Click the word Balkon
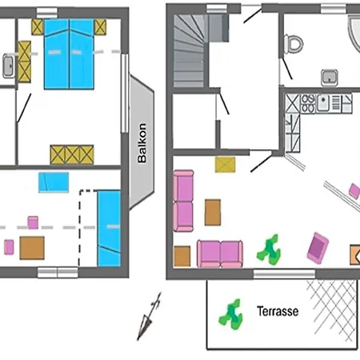[142, 143]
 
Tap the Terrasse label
[278, 311]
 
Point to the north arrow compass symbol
[149, 316]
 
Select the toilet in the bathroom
[294, 44]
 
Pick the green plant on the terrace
[231, 314]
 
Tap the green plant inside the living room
[269, 250]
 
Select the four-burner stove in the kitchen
[308, 103]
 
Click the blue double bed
[69, 54]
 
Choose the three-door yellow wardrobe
[72, 154]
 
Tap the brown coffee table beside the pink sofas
[213, 212]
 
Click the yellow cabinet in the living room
[226, 165]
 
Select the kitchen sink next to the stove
[323, 103]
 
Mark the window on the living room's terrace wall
[284, 274]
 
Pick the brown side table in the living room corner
[182, 256]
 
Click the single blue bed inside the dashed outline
[109, 228]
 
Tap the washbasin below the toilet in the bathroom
[330, 78]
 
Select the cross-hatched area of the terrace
[332, 310]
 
